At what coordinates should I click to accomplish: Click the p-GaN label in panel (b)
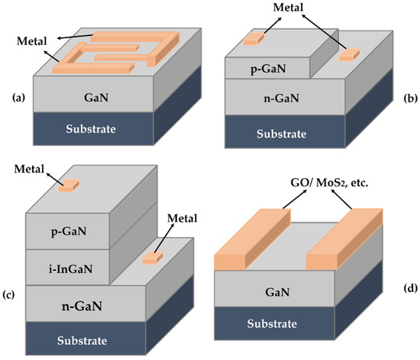pyautogui.click(x=267, y=69)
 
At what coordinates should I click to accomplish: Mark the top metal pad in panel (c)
pyautogui.click(x=69, y=184)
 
